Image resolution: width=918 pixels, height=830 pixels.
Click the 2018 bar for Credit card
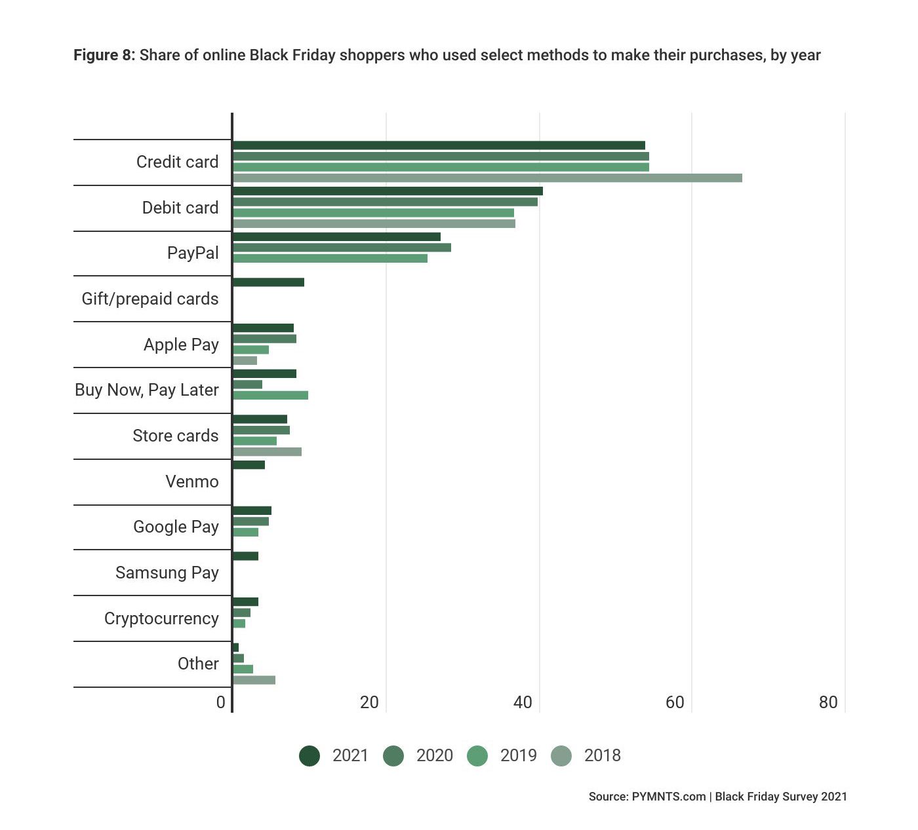[x=487, y=178]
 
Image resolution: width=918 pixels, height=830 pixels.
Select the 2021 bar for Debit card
[x=388, y=191]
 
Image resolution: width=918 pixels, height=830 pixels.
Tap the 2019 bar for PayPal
[x=330, y=258]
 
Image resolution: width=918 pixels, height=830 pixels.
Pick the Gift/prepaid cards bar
[x=268, y=282]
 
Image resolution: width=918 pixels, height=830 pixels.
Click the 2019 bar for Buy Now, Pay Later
[x=270, y=395]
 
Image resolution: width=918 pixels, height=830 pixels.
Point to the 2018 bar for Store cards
[x=267, y=452]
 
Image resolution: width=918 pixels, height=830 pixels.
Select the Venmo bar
[x=249, y=465]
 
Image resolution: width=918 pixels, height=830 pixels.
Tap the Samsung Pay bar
[x=245, y=556]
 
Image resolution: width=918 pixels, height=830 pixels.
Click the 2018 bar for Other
[x=254, y=680]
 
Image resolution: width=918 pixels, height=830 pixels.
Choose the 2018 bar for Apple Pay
[x=245, y=360]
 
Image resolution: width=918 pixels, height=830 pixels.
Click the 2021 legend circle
[x=309, y=756]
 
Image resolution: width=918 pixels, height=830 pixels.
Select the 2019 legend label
[x=518, y=756]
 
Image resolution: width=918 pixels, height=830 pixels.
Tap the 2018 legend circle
[x=561, y=756]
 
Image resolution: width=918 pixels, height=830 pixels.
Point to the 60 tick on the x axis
[x=675, y=703]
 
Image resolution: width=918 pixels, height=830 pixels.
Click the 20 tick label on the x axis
[x=369, y=703]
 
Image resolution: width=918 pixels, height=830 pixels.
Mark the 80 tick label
[x=828, y=703]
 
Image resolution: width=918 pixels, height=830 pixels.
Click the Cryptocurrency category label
[x=161, y=618]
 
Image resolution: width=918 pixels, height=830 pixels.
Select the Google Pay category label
[x=176, y=527]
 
